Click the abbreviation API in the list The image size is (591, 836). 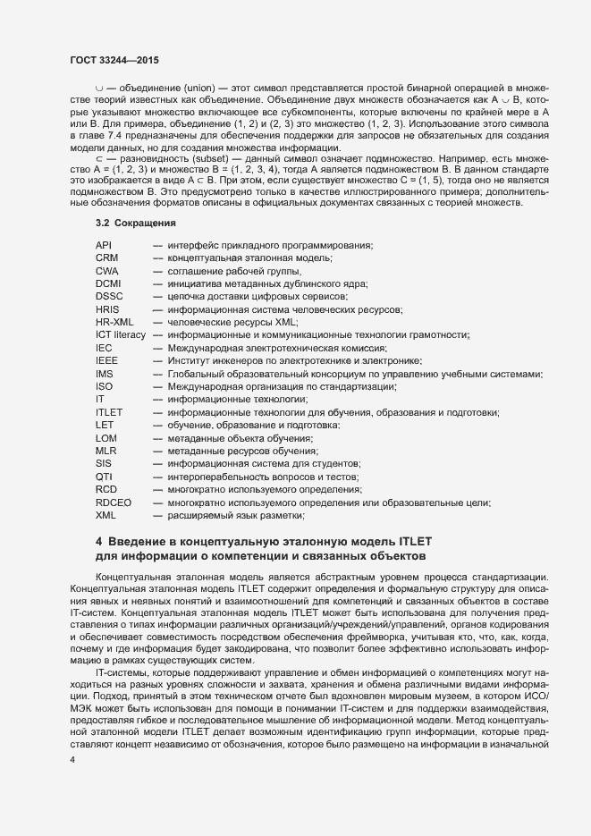tap(104, 245)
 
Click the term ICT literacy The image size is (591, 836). tap(121, 334)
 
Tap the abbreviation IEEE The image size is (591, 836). tap(106, 360)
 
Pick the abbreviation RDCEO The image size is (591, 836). tap(113, 502)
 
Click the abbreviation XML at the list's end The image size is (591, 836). tap(106, 516)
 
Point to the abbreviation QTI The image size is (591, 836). tap(103, 477)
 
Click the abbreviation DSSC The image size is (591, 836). tap(109, 296)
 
